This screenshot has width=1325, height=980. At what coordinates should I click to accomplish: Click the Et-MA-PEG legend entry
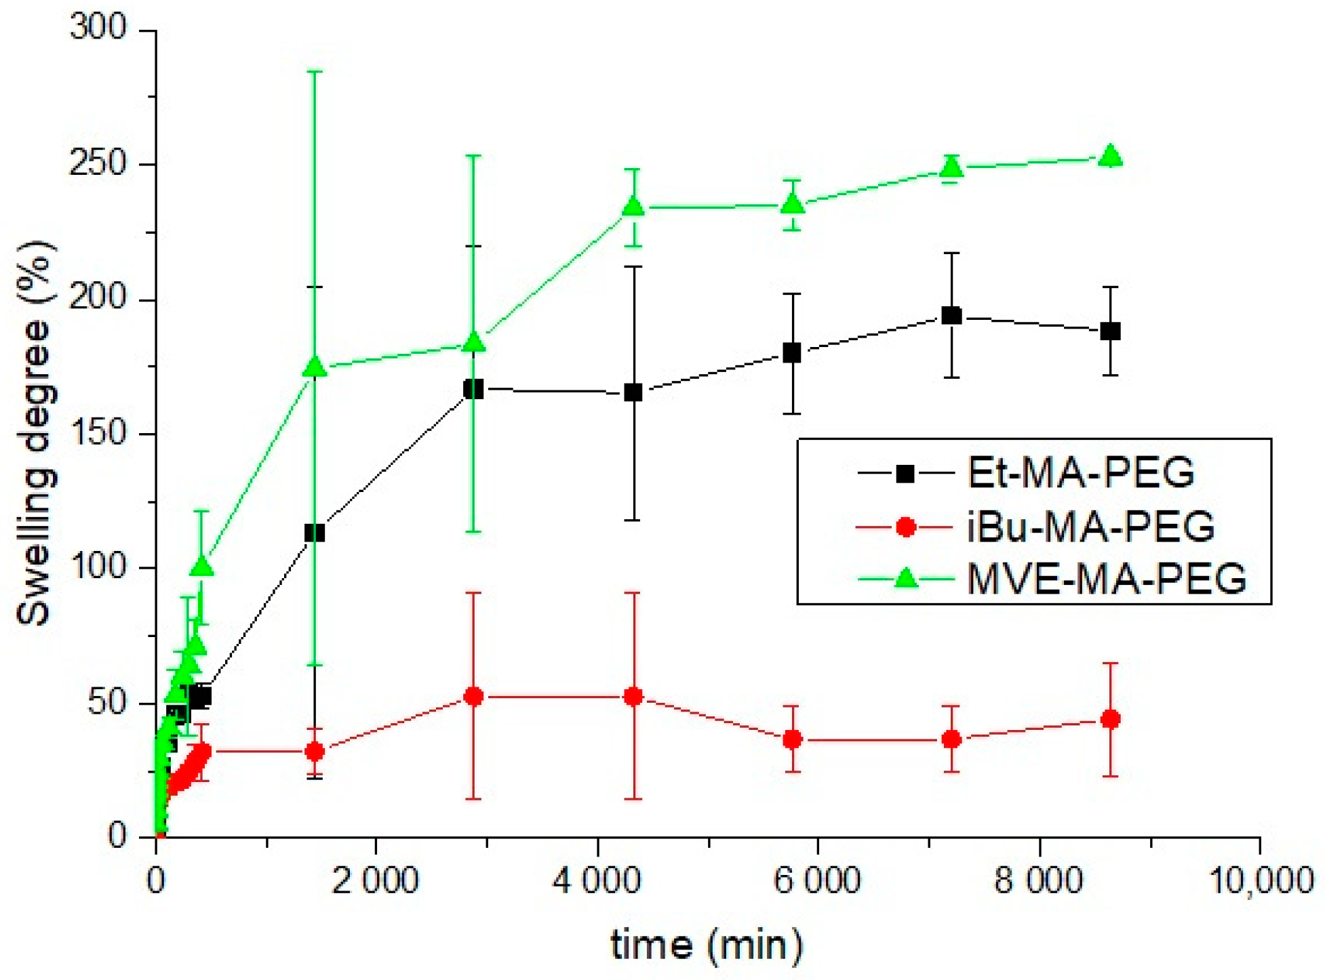tap(1080, 472)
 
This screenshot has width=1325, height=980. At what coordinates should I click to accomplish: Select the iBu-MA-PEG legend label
tap(1090, 527)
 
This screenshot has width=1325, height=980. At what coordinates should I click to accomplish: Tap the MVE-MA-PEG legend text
tap(1106, 579)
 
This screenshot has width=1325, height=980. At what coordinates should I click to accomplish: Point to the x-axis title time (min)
tap(706, 944)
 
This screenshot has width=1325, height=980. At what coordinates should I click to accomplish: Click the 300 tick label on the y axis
tap(98, 28)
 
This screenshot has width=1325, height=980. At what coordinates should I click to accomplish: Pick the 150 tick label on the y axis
tap(98, 433)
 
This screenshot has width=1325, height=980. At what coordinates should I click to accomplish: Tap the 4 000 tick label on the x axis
tap(597, 880)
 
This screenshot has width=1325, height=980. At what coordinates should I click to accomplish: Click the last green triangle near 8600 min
tap(1110, 157)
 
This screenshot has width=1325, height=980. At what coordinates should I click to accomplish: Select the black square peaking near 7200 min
tap(951, 316)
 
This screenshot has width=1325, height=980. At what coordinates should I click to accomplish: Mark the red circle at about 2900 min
tap(473, 697)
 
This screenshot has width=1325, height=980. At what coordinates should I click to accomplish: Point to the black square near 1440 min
tap(315, 533)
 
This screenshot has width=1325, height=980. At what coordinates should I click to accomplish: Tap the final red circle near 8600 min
tap(1110, 719)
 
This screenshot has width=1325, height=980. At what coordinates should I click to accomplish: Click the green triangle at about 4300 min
tap(633, 206)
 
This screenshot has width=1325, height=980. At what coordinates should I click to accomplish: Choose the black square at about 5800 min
tap(792, 353)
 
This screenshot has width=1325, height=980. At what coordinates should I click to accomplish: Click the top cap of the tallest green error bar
tap(315, 71)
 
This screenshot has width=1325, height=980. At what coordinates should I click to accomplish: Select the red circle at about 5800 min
tap(792, 739)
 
